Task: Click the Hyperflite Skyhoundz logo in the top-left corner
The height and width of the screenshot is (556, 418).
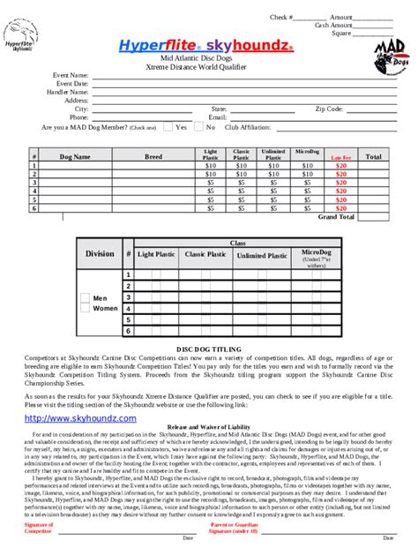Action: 24,39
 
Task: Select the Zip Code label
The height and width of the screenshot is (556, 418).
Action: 329,109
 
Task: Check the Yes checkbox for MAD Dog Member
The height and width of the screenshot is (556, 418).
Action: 168,127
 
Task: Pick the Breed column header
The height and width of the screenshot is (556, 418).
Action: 153,156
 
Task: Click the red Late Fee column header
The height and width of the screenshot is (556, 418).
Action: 341,157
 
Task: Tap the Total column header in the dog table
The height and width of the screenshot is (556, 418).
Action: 373,156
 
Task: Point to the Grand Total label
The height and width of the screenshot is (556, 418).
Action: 336,215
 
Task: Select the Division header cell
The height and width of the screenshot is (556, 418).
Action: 100,254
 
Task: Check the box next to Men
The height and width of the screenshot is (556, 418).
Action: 85,298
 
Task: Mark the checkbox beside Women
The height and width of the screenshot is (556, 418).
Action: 85,309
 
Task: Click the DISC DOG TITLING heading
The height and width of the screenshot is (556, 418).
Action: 209,349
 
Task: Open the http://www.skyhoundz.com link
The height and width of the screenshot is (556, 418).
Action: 80,417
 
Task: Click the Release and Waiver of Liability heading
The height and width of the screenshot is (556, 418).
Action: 209,426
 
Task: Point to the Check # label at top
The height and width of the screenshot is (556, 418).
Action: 281,17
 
